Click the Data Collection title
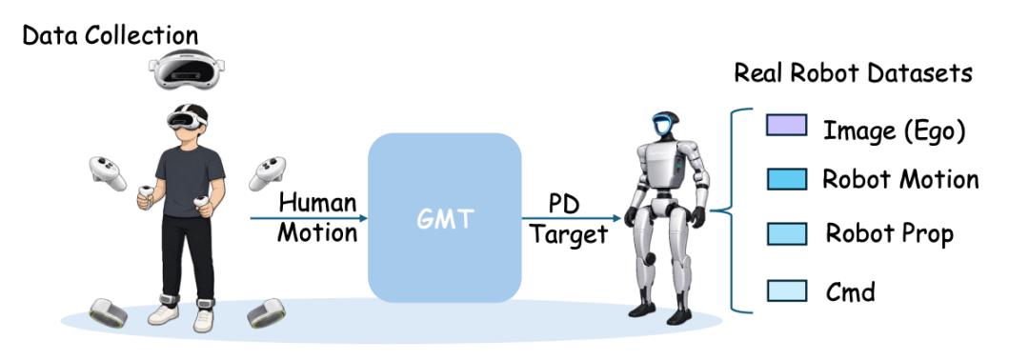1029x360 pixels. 111,34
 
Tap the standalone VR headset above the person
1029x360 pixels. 187,69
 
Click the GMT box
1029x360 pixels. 444,218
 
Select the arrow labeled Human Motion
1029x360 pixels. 309,218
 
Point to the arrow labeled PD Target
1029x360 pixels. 571,218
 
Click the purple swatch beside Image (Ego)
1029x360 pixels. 786,126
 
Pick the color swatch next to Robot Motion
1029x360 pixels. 786,179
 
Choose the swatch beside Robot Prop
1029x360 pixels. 786,233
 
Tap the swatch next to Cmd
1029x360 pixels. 786,290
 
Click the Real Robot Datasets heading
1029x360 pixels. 853,72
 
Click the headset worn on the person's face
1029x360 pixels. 186,118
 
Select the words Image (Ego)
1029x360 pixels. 894,131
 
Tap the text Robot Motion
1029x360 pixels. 900,179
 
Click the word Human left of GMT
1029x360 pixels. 317,202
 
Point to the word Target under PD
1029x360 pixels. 569,234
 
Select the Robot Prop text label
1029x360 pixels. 890,234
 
